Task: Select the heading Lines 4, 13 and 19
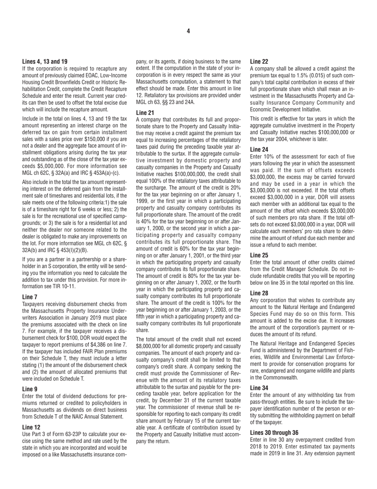tap(44, 62)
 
